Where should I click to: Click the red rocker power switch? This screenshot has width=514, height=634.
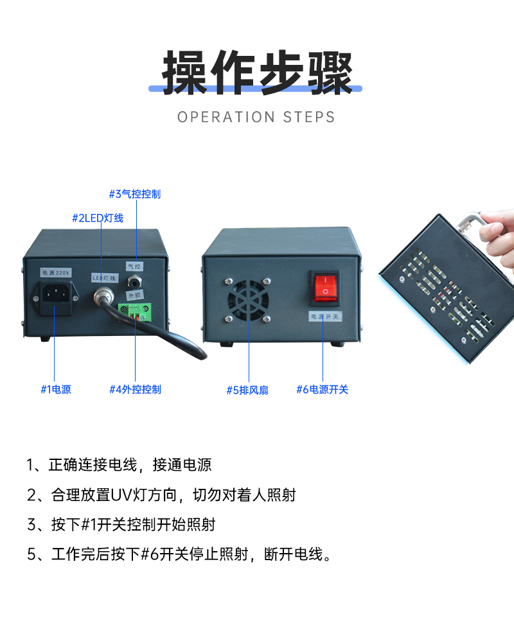[x=325, y=287]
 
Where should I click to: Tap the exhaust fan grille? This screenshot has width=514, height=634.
[x=247, y=299]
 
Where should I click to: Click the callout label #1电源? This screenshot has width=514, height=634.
[x=56, y=389]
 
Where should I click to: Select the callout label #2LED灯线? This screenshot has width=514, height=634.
[x=97, y=218]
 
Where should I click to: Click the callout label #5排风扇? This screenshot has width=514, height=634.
[x=247, y=390]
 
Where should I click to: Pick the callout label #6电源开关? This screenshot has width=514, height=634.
[x=322, y=389]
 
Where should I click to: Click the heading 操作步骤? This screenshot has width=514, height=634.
[x=256, y=72]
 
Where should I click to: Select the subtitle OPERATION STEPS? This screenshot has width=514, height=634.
[x=256, y=117]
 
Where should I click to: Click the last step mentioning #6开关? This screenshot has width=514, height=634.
[x=180, y=554]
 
